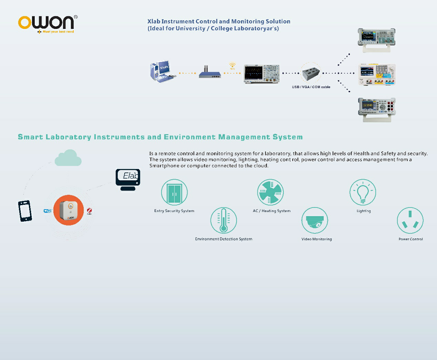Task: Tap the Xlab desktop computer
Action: (x=163, y=72)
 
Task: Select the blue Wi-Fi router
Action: (x=210, y=72)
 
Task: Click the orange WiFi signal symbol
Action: (x=232, y=66)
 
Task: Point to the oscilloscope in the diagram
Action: (x=262, y=74)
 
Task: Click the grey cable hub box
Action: (x=311, y=74)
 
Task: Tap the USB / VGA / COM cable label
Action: (x=311, y=87)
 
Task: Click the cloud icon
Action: (x=68, y=158)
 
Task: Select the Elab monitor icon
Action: (x=128, y=180)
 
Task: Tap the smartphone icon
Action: (x=25, y=211)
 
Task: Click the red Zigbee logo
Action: (x=90, y=211)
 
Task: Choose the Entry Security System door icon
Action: (x=174, y=192)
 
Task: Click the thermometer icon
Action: (x=223, y=220)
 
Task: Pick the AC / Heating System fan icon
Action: (x=270, y=192)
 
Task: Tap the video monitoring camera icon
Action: (x=314, y=220)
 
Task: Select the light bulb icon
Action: (x=363, y=192)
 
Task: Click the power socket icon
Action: (x=410, y=220)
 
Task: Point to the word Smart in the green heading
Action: (x=30, y=137)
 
